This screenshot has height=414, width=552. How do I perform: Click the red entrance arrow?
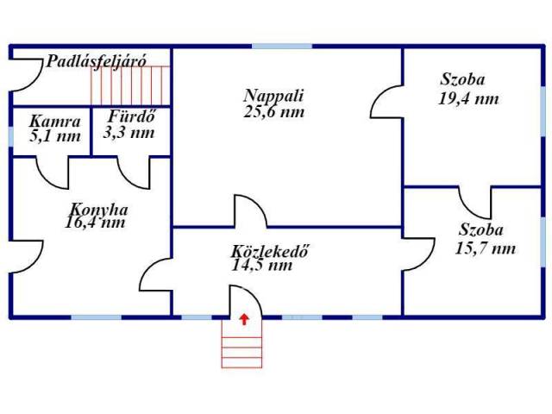(x=244, y=319)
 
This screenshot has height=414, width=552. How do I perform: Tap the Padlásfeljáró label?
(x=96, y=61)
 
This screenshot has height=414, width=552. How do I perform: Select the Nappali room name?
(x=273, y=96)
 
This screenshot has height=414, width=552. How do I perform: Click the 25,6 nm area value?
(x=273, y=112)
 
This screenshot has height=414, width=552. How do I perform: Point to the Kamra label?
(x=55, y=122)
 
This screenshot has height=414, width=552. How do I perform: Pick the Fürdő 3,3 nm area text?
(x=129, y=124)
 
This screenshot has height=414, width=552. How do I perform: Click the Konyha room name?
(x=98, y=210)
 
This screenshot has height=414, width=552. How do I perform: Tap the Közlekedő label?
(x=270, y=251)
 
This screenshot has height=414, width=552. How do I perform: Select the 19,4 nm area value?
(x=468, y=98)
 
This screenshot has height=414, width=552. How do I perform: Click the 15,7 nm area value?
(x=486, y=248)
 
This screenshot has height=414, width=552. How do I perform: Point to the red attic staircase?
(x=130, y=85)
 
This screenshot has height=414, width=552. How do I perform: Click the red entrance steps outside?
(x=241, y=343)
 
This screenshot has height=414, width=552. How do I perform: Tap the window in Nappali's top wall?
(x=282, y=46)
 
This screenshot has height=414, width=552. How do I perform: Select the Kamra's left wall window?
(x=10, y=136)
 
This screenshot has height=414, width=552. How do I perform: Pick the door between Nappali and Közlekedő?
(x=251, y=210)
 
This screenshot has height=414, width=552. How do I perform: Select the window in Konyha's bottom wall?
(x=97, y=317)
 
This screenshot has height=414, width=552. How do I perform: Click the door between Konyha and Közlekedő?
(x=156, y=274)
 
